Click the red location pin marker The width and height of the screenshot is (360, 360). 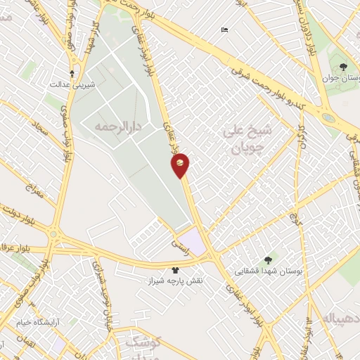tap(180, 165)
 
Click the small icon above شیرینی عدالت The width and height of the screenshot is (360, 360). tap(72, 72)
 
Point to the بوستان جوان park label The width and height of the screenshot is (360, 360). tap(336, 79)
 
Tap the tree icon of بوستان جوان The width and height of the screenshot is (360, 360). tap(342, 67)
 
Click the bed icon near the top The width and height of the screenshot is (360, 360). tap(224, 30)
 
